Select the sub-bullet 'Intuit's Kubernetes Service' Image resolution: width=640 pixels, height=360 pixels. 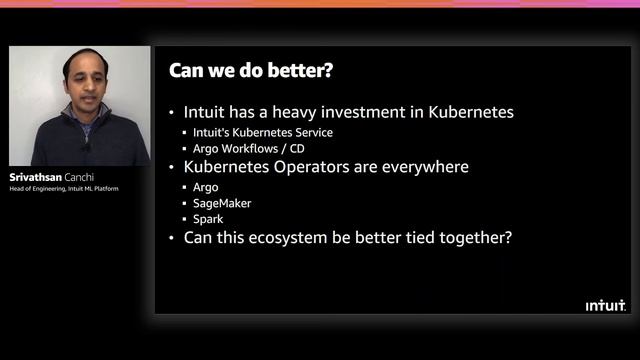pos(263,132)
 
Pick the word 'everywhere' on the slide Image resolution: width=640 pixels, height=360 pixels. pos(427,167)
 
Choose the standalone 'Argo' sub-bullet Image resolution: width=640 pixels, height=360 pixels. pos(205,187)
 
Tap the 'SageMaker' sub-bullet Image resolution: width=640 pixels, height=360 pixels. pos(222,203)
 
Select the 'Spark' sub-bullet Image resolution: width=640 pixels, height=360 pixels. pos(207,218)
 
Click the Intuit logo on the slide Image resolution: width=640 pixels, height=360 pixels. pos(605,304)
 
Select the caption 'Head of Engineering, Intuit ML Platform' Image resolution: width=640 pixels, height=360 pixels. pos(63,188)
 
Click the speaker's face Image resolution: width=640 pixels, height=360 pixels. pos(84,85)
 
